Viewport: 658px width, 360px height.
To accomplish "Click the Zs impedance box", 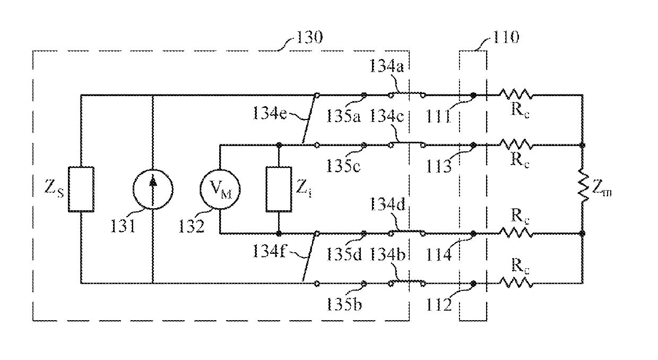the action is [x=81, y=189].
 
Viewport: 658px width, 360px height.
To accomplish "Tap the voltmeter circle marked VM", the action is [x=220, y=189].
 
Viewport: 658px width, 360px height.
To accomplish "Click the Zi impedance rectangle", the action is [x=279, y=189].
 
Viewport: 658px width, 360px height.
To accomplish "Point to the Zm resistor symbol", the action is [x=583, y=185].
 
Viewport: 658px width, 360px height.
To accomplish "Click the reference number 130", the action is [x=309, y=37].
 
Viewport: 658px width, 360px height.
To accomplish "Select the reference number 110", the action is [x=506, y=37].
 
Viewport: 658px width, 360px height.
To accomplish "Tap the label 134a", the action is [x=386, y=66].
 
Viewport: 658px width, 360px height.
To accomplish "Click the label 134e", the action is [x=270, y=113].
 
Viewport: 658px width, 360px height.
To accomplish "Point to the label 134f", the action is [x=269, y=251].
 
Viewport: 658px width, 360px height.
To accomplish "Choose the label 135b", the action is [x=344, y=304].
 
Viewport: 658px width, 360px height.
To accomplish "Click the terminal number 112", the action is [x=439, y=304].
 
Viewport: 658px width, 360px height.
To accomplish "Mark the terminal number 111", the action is [x=438, y=116].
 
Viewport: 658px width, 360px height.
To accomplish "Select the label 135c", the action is [x=343, y=166].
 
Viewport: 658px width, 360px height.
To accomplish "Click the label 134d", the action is [x=387, y=204].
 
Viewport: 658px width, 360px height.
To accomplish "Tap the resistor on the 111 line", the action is [x=516, y=95].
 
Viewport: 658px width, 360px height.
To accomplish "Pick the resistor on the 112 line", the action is [x=516, y=282].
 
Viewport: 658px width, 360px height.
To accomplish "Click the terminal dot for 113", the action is [x=473, y=145].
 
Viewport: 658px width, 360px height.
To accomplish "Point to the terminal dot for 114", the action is [x=473, y=234].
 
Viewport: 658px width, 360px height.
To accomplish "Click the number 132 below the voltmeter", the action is [x=192, y=226].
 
